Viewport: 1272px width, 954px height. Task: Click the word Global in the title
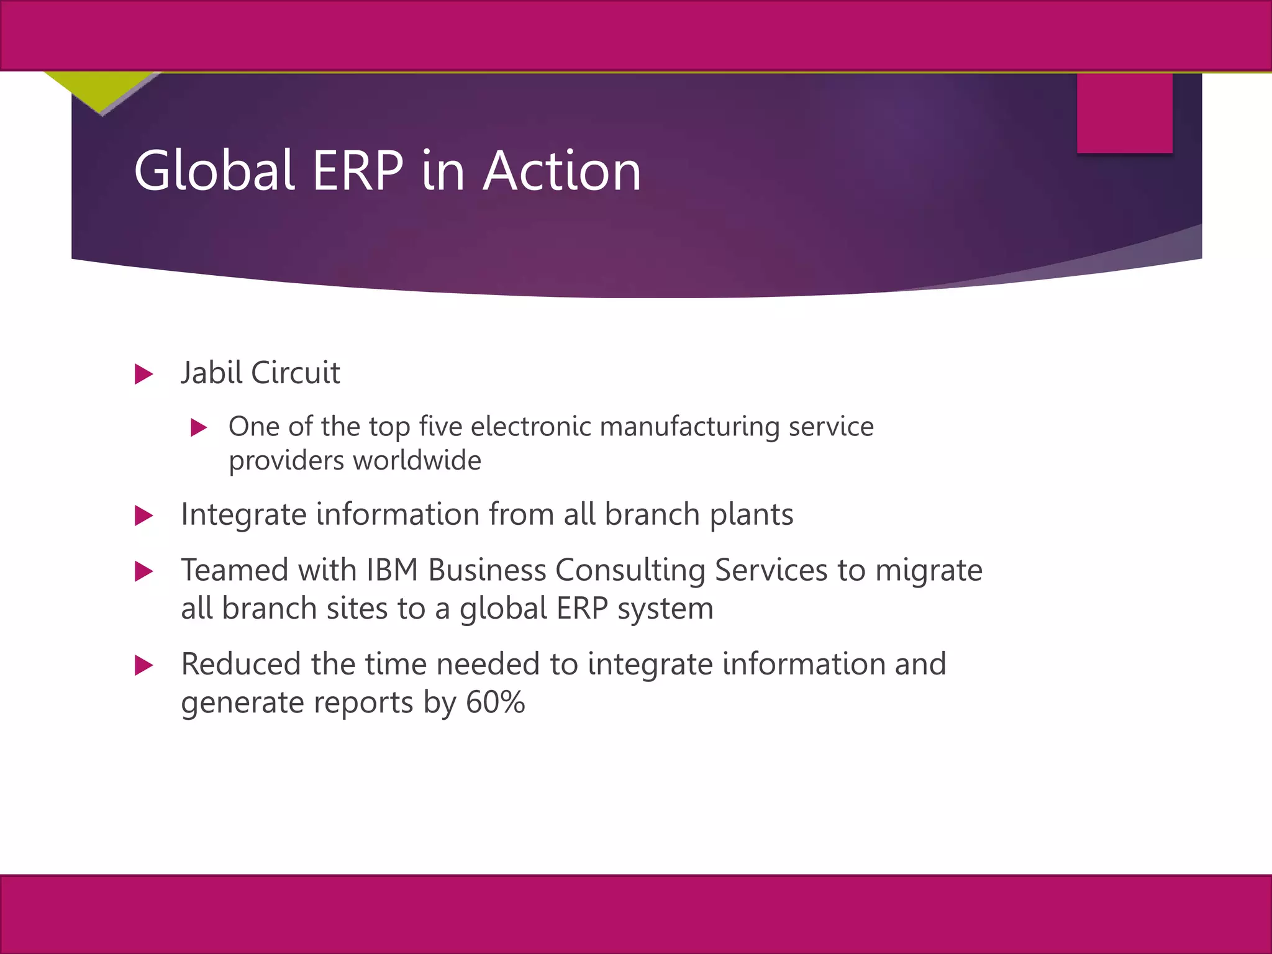tap(214, 170)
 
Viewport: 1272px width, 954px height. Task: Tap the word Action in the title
tap(562, 170)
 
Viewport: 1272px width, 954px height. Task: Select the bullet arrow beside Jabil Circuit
tap(143, 374)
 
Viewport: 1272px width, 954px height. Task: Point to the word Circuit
tap(295, 373)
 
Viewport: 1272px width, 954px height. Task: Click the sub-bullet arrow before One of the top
tap(198, 427)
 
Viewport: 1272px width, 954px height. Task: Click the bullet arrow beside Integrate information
tap(143, 516)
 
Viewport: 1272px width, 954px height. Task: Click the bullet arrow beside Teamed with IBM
tap(143, 571)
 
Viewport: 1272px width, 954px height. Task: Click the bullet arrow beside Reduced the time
tap(143, 665)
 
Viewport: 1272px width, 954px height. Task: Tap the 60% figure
tap(495, 702)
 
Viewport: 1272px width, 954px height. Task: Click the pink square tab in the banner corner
tap(1124, 113)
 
